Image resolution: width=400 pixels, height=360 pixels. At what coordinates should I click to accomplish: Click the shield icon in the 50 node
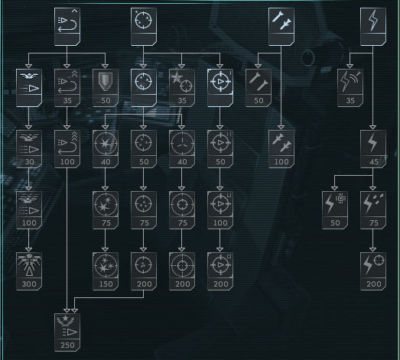[106, 81]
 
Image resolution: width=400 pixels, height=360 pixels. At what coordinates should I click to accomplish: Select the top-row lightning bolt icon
[373, 20]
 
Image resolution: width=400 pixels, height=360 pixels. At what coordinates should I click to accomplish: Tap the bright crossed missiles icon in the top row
[281, 21]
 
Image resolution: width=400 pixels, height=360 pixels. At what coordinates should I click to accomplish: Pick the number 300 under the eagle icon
[29, 284]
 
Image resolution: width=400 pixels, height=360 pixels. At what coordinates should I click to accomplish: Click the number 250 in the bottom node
[67, 345]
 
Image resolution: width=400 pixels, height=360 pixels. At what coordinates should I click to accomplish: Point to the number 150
[106, 284]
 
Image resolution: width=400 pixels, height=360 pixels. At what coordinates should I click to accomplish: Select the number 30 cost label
[29, 161]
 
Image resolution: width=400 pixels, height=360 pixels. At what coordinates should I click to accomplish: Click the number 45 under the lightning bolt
[373, 161]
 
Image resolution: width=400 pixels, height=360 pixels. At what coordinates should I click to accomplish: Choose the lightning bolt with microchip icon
[335, 203]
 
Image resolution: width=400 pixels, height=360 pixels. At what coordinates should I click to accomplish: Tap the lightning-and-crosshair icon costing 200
[373, 264]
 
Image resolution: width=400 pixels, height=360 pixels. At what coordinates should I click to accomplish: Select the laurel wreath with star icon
[66, 321]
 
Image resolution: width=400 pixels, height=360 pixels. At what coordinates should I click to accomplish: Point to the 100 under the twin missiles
[281, 161]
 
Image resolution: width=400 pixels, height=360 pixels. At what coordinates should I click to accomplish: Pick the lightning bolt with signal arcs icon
[350, 81]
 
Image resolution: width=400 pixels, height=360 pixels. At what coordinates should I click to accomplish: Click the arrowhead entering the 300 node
[29, 250]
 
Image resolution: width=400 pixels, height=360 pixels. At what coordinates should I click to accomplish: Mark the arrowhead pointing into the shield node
[105, 66]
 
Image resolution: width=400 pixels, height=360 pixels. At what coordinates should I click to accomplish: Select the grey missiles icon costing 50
[259, 82]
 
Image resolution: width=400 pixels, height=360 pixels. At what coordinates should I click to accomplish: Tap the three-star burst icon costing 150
[106, 265]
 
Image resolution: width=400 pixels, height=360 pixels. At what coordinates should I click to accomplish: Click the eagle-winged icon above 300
[29, 265]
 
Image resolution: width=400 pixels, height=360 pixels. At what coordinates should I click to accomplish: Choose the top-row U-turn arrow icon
[67, 21]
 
